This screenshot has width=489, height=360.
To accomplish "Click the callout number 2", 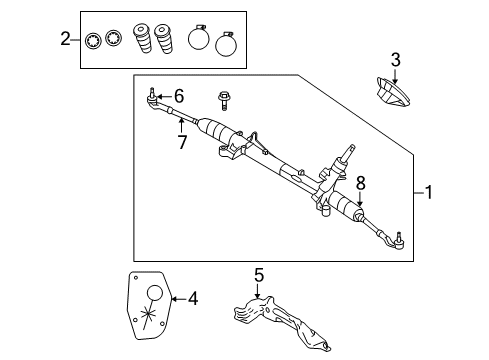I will coord(66,39).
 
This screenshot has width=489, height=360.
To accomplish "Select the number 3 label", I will coord(395,61).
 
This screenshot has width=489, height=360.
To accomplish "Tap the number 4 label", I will coord(192,297).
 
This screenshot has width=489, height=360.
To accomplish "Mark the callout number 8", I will coord(361,182).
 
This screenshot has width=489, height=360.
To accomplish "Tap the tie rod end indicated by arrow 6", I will coord(152,98).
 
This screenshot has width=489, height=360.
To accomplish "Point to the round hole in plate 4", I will coord(158,293).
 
